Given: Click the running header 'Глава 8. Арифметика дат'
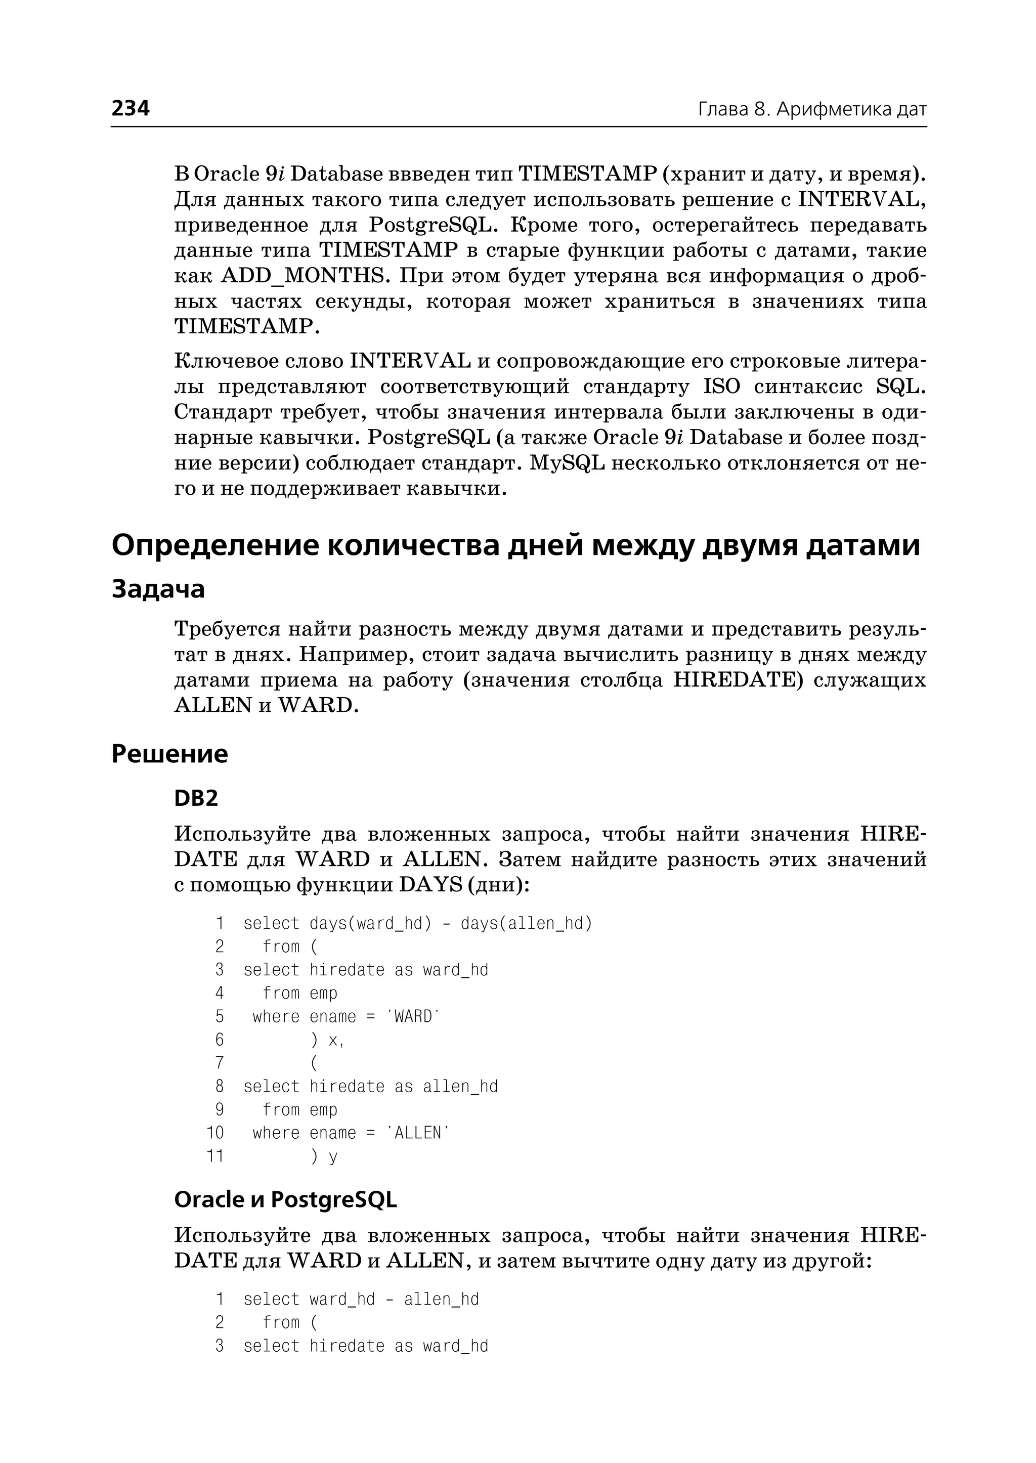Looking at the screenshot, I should (x=811, y=110).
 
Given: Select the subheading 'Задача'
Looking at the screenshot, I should (x=158, y=588).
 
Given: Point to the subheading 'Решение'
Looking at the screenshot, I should (x=169, y=754).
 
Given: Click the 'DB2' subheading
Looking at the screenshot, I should (x=196, y=798).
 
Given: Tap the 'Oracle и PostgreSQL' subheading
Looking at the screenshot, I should (x=285, y=1199).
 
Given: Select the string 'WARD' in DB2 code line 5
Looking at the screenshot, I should (x=413, y=1016).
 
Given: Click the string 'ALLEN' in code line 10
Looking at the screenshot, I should (x=418, y=1133).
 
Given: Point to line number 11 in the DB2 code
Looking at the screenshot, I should (x=215, y=1155).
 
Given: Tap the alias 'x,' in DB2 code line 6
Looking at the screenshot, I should (x=335, y=1040).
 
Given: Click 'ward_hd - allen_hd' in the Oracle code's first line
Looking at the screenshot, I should (x=394, y=1299).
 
